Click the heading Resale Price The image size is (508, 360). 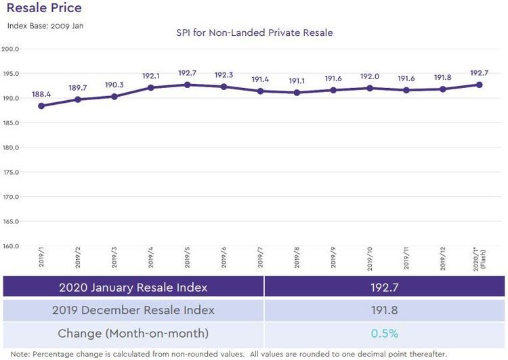coord(44,8)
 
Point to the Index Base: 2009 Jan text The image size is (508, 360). coord(45,26)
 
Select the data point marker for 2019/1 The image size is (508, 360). coord(41,106)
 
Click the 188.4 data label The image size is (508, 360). coord(41,94)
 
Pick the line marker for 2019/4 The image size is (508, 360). coord(150,87)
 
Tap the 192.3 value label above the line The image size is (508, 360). coord(224,75)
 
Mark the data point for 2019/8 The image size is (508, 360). coord(297,93)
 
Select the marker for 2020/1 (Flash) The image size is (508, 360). coord(479,85)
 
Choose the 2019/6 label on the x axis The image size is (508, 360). coord(224,261)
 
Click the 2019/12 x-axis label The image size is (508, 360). coord(443,261)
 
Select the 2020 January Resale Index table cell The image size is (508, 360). coord(133,287)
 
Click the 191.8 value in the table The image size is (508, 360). coord(384,310)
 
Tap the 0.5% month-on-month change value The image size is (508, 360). coord(384,333)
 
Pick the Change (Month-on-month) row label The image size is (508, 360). coord(133,333)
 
